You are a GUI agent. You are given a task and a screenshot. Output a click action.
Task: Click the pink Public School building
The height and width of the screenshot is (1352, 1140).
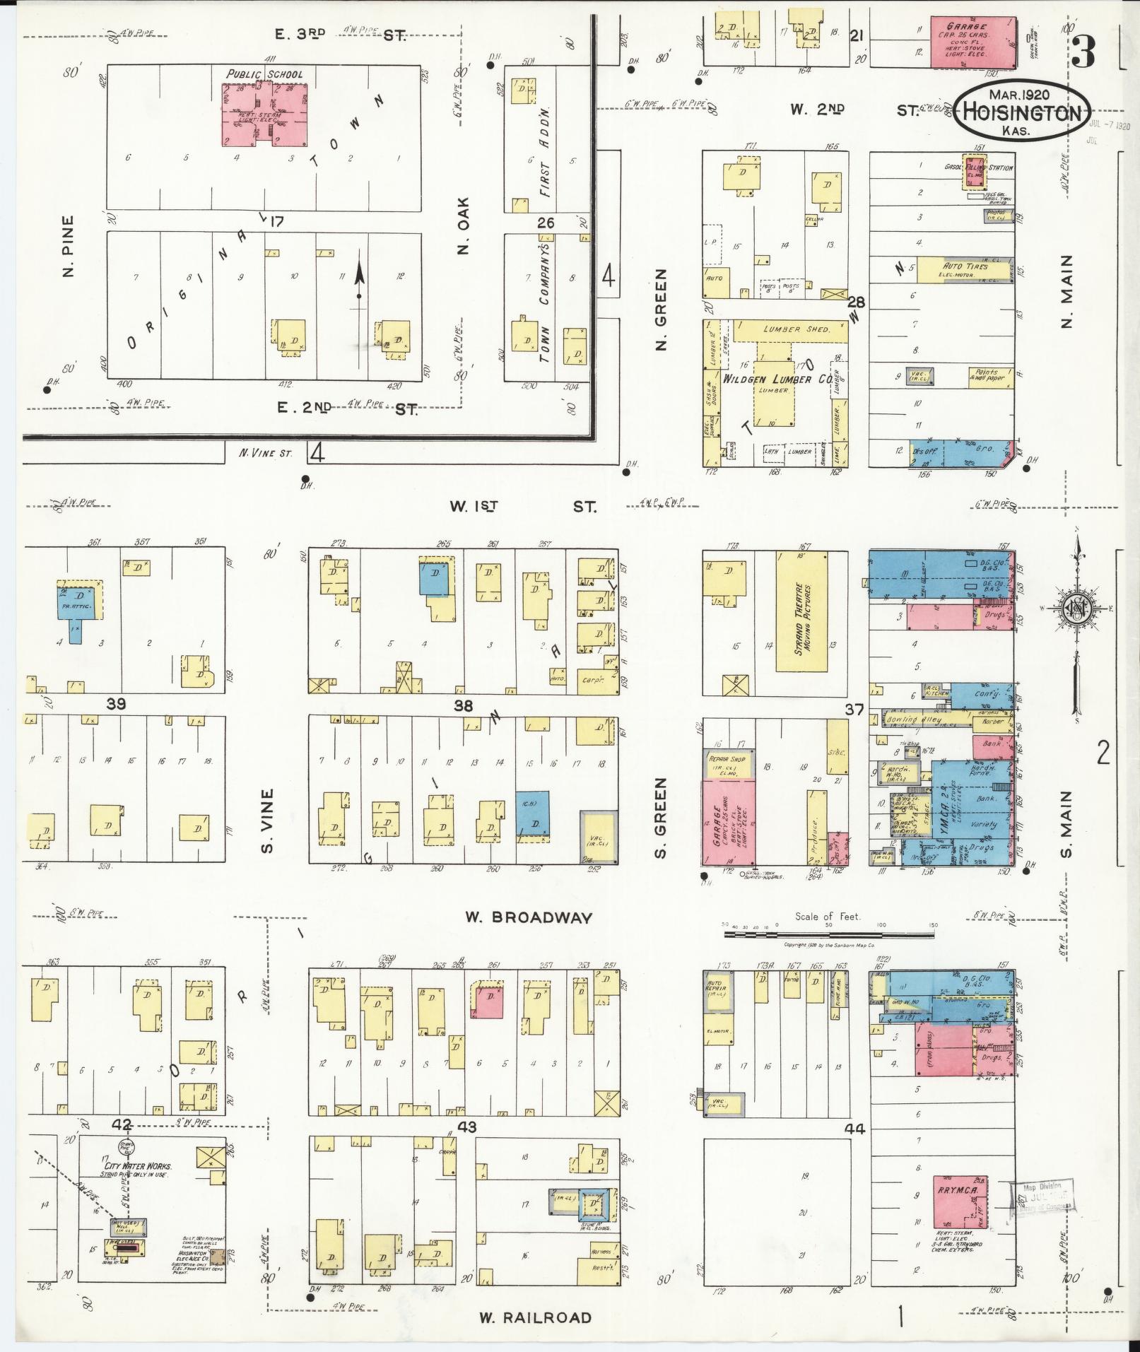(x=265, y=113)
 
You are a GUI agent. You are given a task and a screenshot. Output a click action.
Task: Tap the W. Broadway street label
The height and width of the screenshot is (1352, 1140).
(x=528, y=917)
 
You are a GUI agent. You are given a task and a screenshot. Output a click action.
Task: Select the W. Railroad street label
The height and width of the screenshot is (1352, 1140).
(x=534, y=1317)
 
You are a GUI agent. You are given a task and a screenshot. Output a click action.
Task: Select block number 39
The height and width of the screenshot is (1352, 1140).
(x=116, y=704)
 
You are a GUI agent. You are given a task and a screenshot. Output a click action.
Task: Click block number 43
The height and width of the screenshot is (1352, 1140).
(x=467, y=1127)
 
